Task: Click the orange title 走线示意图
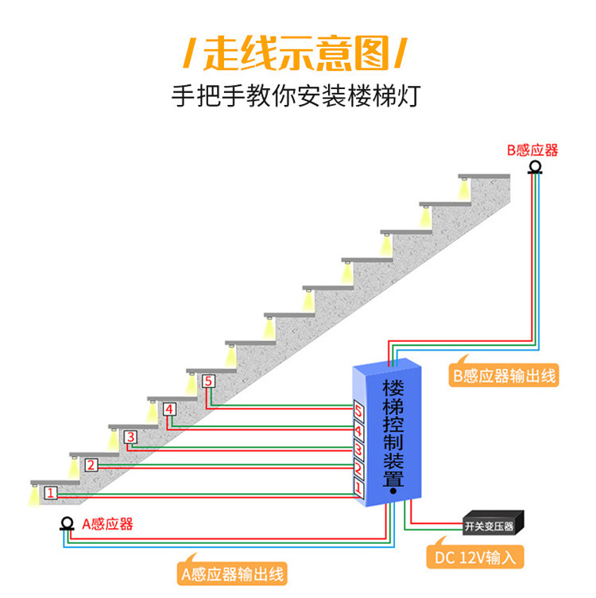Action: pos(296,53)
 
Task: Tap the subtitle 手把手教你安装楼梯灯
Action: pos(296,95)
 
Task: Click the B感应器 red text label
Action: pos(532,149)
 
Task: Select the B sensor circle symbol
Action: pos(535,168)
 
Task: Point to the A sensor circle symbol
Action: pos(67,523)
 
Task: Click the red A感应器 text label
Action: pos(107,524)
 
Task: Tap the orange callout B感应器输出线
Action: pos(504,375)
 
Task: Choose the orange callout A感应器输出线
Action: pos(232,574)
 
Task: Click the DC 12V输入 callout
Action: pos(475,557)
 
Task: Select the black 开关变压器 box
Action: pos(493,523)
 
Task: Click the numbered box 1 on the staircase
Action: pos(51,493)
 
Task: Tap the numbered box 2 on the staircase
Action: pos(91,465)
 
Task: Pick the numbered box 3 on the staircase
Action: pos(130,437)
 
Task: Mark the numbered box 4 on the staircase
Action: pos(169,410)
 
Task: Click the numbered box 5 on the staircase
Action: pos(208,381)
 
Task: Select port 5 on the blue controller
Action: pos(358,410)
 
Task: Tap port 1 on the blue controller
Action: pos(358,489)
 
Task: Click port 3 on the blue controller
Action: pos(358,449)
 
